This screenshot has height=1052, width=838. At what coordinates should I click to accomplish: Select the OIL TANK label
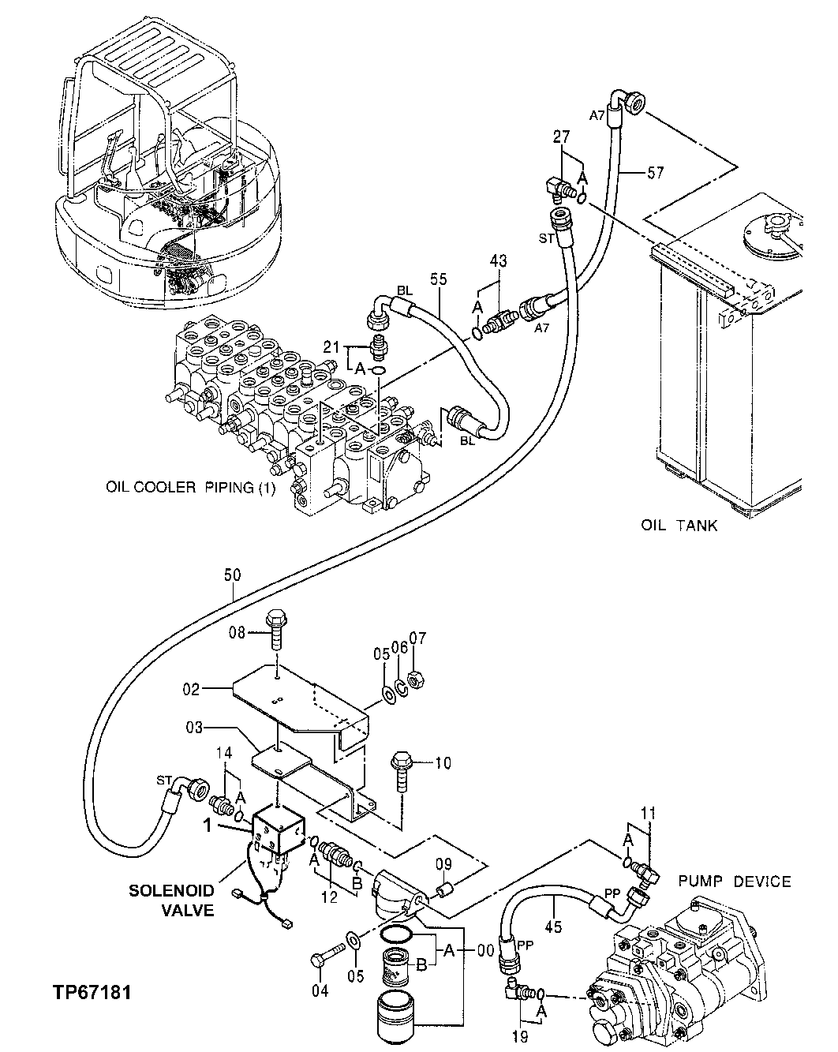click(x=679, y=525)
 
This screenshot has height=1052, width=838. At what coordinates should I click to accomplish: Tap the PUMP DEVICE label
click(x=733, y=882)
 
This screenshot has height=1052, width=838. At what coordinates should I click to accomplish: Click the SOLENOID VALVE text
click(x=171, y=900)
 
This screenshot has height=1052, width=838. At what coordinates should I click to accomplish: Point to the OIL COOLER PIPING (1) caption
click(x=191, y=488)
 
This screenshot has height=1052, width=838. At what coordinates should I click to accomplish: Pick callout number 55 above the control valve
click(x=439, y=278)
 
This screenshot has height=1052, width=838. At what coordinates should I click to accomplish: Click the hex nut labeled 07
click(x=418, y=679)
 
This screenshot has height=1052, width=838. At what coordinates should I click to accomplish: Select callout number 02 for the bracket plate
click(x=192, y=689)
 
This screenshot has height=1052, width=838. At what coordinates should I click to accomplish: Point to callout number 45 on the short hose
click(x=554, y=927)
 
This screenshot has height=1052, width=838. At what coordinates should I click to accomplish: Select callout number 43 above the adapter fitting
click(x=498, y=260)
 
